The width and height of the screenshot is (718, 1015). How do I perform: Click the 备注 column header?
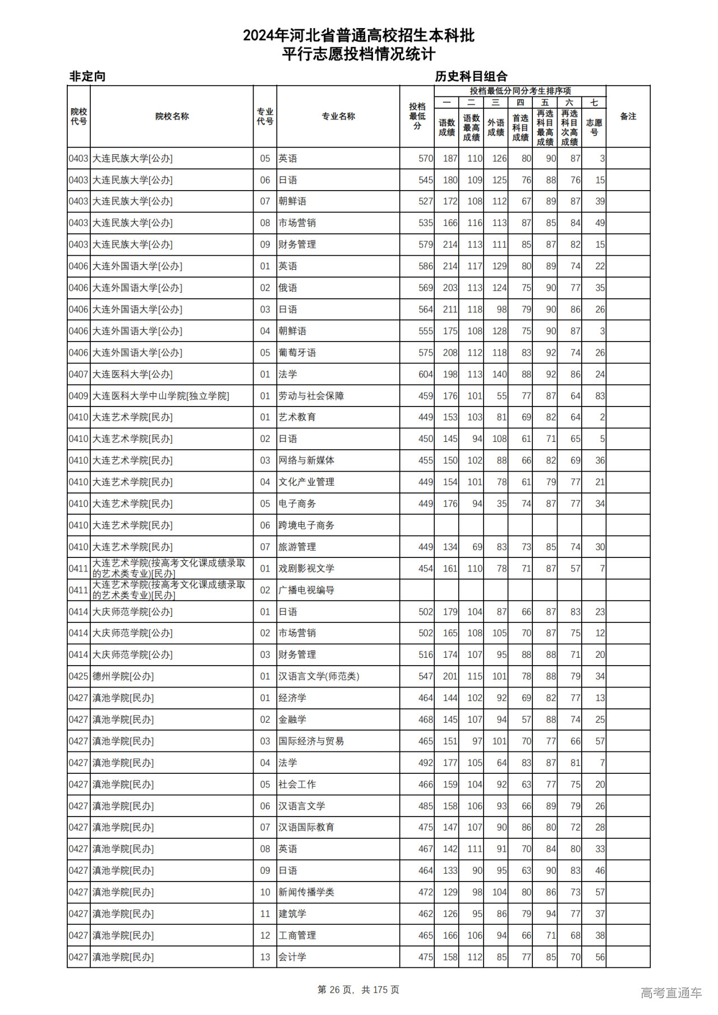(628, 116)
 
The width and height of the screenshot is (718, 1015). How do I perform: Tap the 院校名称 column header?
(172, 116)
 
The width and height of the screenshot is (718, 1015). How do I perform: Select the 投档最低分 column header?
(417, 116)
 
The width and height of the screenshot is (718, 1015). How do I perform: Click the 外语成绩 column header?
(495, 127)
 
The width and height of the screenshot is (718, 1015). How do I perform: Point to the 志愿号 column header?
(593, 127)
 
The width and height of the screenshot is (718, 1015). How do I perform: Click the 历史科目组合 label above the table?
(471, 76)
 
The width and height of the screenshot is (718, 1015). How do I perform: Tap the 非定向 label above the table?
(88, 76)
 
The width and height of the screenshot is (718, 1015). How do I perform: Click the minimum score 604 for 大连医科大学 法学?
(425, 374)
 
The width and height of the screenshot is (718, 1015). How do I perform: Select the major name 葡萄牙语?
(297, 353)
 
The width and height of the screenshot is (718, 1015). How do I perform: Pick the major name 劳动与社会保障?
(311, 396)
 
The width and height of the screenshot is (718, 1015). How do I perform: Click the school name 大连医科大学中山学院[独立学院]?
(160, 396)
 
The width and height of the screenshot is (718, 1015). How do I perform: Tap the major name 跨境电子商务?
(306, 525)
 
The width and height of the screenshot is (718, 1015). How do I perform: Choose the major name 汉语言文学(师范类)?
(319, 676)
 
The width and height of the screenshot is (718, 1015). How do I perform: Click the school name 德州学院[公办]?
(123, 676)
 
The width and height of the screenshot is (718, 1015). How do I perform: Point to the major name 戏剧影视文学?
(306, 569)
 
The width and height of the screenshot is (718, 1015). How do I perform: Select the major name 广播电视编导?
(306, 590)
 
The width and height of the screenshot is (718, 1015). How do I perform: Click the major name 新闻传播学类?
(306, 892)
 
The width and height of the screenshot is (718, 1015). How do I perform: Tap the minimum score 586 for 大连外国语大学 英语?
(425, 266)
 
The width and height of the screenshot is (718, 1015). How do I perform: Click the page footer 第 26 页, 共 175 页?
(358, 990)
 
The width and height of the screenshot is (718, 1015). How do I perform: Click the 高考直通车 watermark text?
(671, 993)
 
